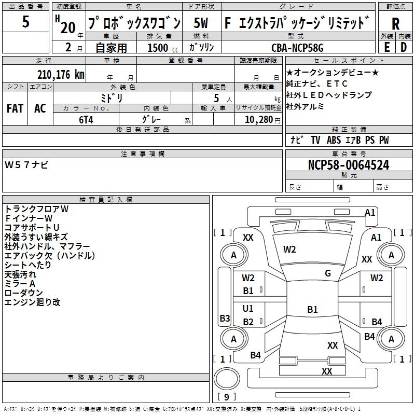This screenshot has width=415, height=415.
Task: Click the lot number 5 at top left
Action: [26, 22]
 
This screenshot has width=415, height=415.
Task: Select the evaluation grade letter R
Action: [395, 24]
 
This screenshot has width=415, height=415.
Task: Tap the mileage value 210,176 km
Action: [61, 75]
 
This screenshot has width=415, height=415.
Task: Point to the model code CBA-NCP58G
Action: [297, 48]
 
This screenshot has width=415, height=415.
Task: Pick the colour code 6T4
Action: [86, 119]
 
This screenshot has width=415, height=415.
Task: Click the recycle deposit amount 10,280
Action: [255, 119]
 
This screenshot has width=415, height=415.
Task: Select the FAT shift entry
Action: [15, 108]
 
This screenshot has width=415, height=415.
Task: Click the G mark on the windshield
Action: [328, 273]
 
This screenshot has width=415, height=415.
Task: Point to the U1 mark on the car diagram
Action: [248, 309]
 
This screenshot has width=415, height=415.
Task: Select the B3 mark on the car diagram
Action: [225, 318]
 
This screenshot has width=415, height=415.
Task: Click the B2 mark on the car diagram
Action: [248, 322]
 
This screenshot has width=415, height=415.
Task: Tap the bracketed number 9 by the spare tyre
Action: [226, 397]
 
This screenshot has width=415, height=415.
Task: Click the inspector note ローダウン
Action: [22, 293]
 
